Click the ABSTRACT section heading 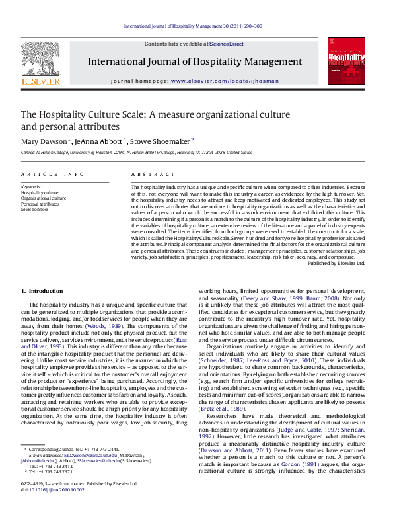point(148,175)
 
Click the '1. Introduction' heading point(42,309)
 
